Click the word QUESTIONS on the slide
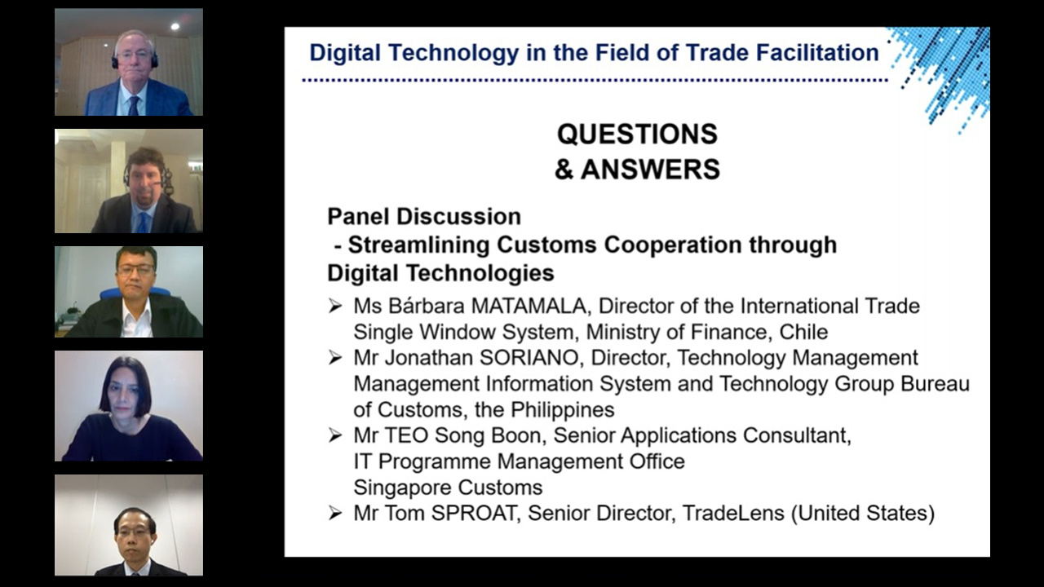pos(637,135)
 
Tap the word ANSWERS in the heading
pos(650,169)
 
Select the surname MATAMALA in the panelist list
pos(529,306)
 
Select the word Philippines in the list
pos(563,410)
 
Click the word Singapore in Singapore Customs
pos(397,488)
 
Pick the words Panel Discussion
pos(424,217)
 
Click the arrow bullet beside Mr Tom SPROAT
pos(335,513)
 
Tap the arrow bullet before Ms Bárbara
pos(335,306)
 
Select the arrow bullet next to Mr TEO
pos(335,435)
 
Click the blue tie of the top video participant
pos(135,106)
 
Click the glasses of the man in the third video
pos(135,269)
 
